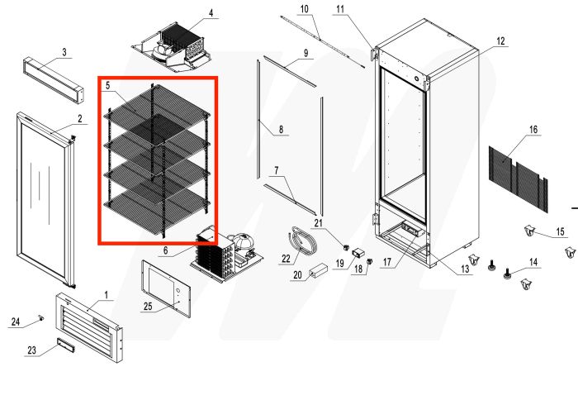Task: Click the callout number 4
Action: click(211, 13)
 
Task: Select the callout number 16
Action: click(533, 130)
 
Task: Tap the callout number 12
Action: click(500, 40)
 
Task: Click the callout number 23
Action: click(31, 350)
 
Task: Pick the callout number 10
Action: click(303, 9)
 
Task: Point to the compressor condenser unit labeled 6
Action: click(224, 250)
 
